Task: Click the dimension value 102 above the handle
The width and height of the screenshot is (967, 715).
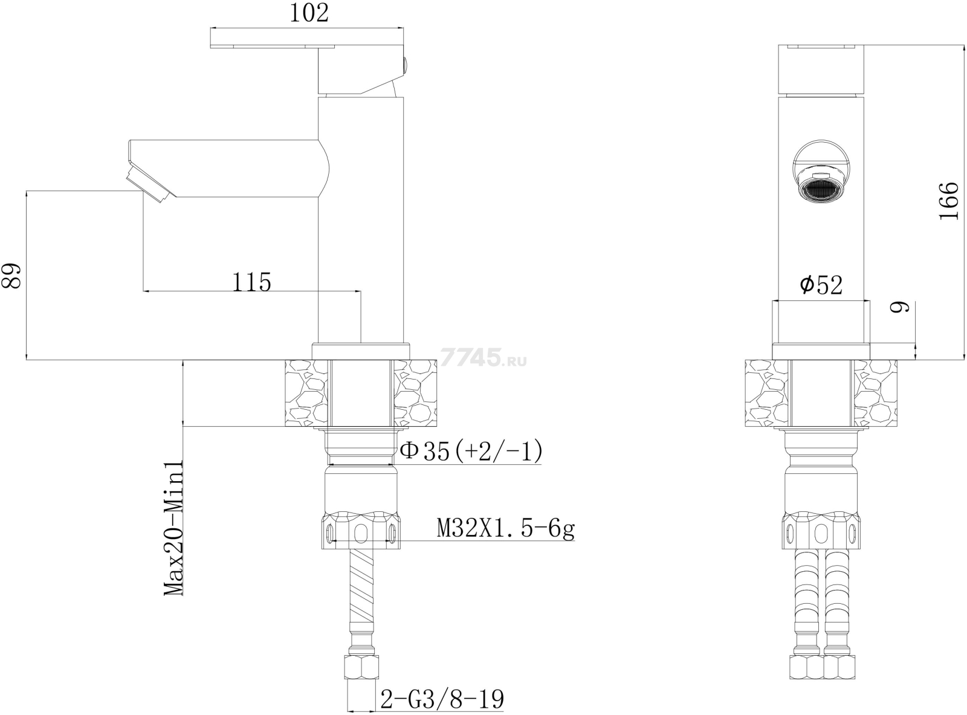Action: [309, 13]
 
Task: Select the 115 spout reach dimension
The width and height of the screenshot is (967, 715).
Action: [251, 282]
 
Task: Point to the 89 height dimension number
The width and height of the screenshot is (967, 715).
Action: [11, 275]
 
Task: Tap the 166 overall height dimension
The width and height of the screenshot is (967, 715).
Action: [949, 201]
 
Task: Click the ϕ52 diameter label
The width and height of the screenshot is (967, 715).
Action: [821, 285]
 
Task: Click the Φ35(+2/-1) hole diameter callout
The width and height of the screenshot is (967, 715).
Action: [471, 451]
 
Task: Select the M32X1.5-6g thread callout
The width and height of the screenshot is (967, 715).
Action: [506, 529]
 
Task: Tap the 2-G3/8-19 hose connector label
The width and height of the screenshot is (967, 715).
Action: [442, 699]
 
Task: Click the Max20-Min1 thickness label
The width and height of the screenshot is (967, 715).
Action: [173, 528]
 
